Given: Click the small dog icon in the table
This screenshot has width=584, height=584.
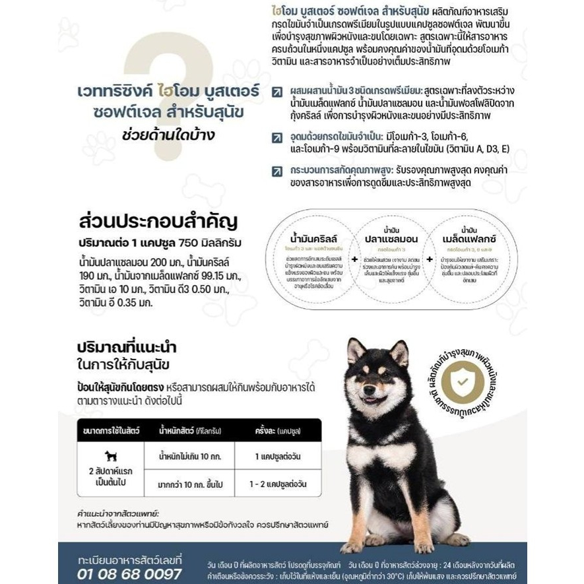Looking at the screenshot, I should coord(110,456).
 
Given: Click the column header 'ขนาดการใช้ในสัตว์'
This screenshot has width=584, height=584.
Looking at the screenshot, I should coord(112,430).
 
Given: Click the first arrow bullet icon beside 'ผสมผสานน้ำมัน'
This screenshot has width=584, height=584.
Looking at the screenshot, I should coord(277,90).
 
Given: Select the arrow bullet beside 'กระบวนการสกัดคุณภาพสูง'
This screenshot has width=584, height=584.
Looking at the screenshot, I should coord(277,171).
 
